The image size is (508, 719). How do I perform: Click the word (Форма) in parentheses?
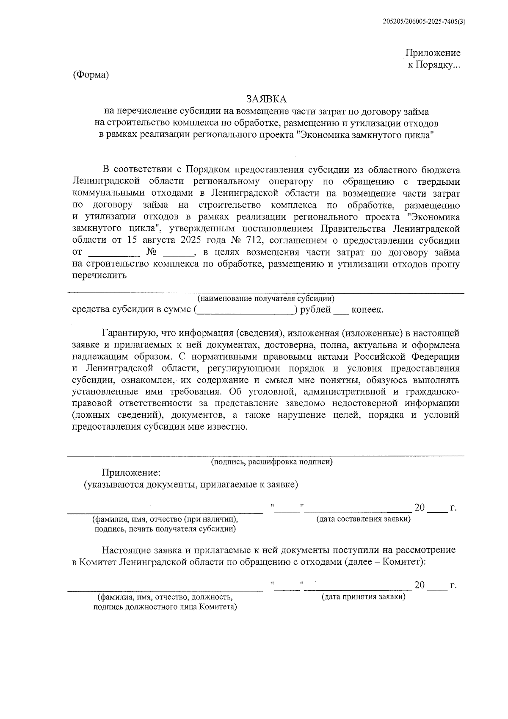(x=91, y=75)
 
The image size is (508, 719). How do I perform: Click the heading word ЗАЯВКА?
(x=267, y=99)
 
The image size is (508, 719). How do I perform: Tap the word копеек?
(x=367, y=310)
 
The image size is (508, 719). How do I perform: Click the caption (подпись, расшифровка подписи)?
(x=272, y=462)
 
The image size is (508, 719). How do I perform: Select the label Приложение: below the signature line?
(x=131, y=472)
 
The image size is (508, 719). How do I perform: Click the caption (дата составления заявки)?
(x=364, y=519)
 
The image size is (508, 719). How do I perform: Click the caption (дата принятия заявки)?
(x=363, y=597)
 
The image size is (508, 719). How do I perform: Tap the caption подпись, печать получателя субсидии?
(x=165, y=529)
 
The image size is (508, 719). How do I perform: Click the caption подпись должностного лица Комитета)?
(x=165, y=607)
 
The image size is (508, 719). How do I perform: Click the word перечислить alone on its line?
(x=100, y=275)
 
